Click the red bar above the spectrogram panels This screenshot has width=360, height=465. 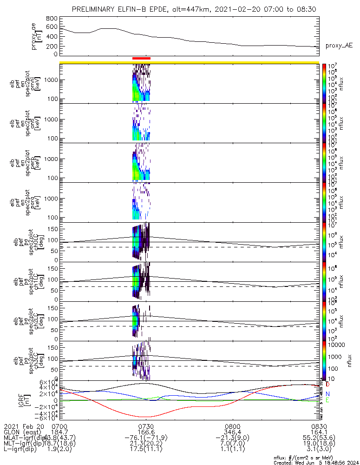click(141, 59)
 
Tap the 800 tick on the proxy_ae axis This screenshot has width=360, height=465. click(52, 18)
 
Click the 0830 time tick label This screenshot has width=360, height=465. click(319, 426)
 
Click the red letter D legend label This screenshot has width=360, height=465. click(328, 385)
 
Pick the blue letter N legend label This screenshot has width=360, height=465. click(328, 393)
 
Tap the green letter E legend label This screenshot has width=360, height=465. click(328, 400)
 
